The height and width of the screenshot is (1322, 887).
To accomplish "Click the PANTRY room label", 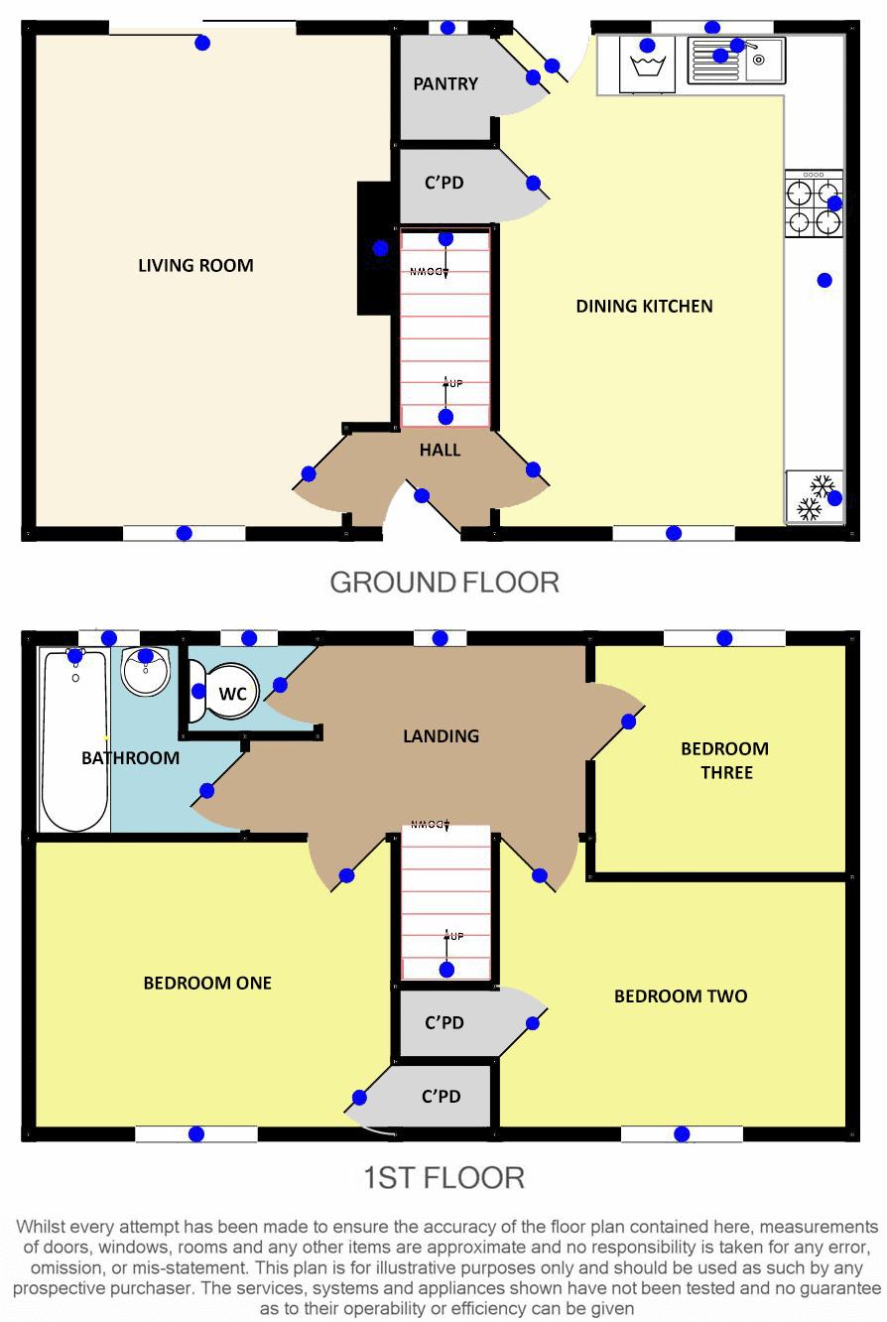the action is pos(444,83).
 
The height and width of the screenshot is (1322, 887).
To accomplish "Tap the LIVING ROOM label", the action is pos(195,266).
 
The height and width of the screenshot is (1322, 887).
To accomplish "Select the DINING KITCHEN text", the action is pos(645,307).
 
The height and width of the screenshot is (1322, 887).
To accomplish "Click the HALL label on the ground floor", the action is pos(440,451).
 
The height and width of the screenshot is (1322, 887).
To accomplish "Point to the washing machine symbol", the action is pos(648,64).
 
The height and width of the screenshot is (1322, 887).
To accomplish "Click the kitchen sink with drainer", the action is pos(736,60).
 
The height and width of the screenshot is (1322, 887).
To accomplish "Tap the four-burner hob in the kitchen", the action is pos(814,203).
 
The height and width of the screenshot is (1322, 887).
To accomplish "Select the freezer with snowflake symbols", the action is pos(815,496).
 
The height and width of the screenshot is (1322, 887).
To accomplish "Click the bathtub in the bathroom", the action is pos(75,739).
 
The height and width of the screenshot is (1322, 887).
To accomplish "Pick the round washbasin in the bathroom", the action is pos(146,672).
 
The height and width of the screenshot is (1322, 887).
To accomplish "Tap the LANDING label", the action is pos(441,736).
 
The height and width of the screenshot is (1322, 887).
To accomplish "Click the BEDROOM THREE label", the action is pos(725,760).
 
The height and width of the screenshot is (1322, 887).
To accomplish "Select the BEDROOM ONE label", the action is pos(207,983).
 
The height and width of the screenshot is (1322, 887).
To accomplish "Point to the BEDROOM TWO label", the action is pos(681,996).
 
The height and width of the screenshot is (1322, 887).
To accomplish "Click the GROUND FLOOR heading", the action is pos(444,583).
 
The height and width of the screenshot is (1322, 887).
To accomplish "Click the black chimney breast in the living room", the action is pos(376,248).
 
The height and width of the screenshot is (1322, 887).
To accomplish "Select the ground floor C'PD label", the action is pos(443,183).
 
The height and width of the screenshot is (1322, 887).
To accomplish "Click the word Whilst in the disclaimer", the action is pos(40,1227).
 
